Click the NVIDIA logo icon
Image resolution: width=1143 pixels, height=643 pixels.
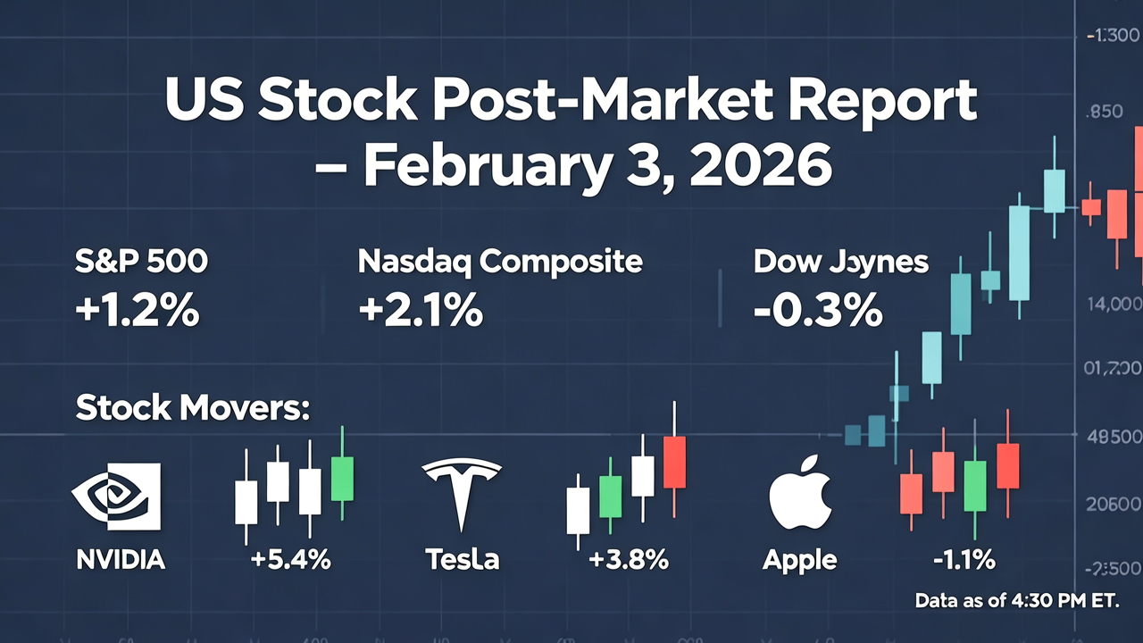pos(116,497)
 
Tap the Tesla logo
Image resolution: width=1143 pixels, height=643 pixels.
pos(462,494)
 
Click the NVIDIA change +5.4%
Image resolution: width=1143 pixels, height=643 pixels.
pos(291,560)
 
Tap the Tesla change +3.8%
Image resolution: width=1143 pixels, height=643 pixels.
pos(629,560)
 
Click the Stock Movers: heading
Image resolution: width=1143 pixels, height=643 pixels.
pos(192,408)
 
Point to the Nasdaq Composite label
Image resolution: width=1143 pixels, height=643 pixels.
pos(499,262)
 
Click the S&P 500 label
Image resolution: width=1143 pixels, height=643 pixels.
pos(142,262)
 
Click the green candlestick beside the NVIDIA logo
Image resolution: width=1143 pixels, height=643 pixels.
pos(342,478)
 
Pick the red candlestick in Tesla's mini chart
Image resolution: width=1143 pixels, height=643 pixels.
pos(674,462)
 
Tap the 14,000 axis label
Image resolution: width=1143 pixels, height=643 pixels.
pos(1112,304)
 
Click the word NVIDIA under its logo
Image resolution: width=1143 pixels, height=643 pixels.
pos(121,560)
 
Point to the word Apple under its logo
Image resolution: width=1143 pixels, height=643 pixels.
pos(800,560)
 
